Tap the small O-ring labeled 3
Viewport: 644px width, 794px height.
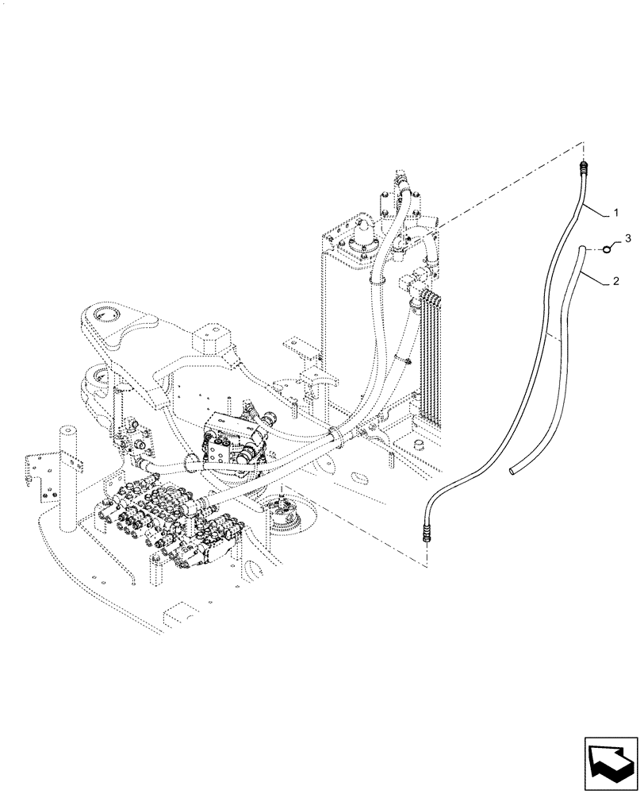[606, 249]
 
